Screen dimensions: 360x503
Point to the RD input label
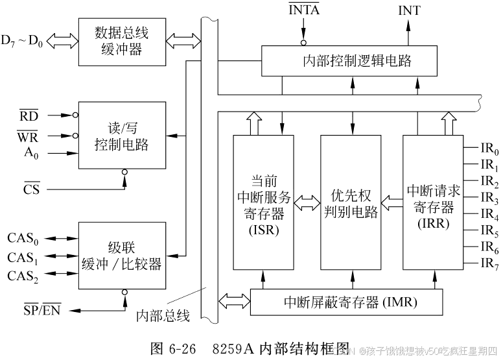[x=29, y=116]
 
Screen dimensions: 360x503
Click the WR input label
[x=29, y=137]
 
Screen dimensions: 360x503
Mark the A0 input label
[x=29, y=154]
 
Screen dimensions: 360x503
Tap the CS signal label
[x=31, y=189]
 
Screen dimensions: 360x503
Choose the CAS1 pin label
[x=23, y=258]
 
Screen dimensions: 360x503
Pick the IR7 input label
[x=489, y=263]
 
